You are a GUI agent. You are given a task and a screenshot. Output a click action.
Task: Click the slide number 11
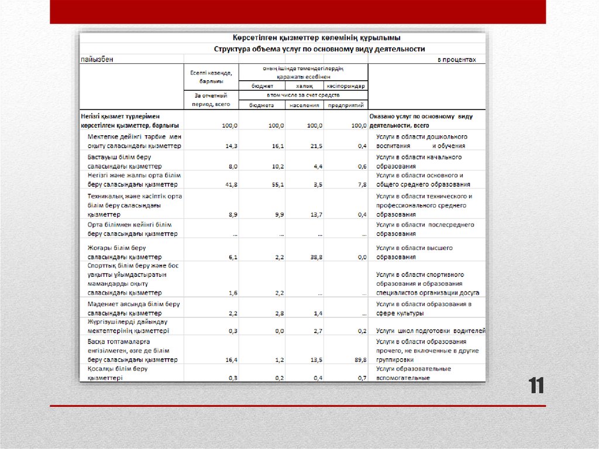536,386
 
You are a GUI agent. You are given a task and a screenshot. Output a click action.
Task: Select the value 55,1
276,184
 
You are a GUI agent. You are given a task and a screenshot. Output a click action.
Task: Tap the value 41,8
230,184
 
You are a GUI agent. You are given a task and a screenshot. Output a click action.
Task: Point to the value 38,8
315,257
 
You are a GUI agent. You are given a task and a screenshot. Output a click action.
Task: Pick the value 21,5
315,146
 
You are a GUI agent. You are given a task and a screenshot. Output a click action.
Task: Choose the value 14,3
230,146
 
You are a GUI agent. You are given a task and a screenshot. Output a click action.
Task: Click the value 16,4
230,359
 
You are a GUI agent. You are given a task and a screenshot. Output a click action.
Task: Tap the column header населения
304,105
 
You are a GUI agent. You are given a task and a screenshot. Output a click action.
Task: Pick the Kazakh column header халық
304,85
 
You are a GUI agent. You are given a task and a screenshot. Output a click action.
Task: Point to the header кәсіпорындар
346,85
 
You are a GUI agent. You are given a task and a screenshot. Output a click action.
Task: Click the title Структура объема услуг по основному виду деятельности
319,49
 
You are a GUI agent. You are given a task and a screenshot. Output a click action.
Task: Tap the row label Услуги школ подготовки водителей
431,331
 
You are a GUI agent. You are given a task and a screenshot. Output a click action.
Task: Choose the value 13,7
315,215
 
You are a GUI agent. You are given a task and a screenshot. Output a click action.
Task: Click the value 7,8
361,184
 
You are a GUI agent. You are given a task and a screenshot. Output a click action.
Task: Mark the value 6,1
232,257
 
